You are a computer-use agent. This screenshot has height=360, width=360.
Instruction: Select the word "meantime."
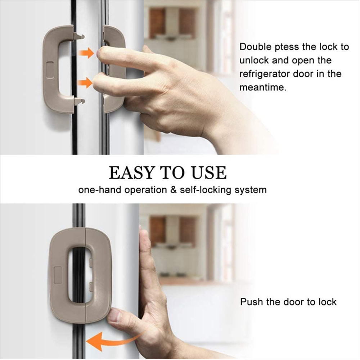[263, 87]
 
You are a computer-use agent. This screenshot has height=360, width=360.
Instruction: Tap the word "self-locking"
[205, 190]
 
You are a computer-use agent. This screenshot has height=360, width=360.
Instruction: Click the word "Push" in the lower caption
[252, 302]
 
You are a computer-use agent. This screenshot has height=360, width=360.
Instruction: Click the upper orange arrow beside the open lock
[86, 53]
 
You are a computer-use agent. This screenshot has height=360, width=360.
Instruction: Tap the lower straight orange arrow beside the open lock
[85, 82]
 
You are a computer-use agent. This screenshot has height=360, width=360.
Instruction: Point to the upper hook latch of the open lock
[79, 36]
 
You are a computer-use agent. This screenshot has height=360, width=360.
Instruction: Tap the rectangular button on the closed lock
[57, 275]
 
